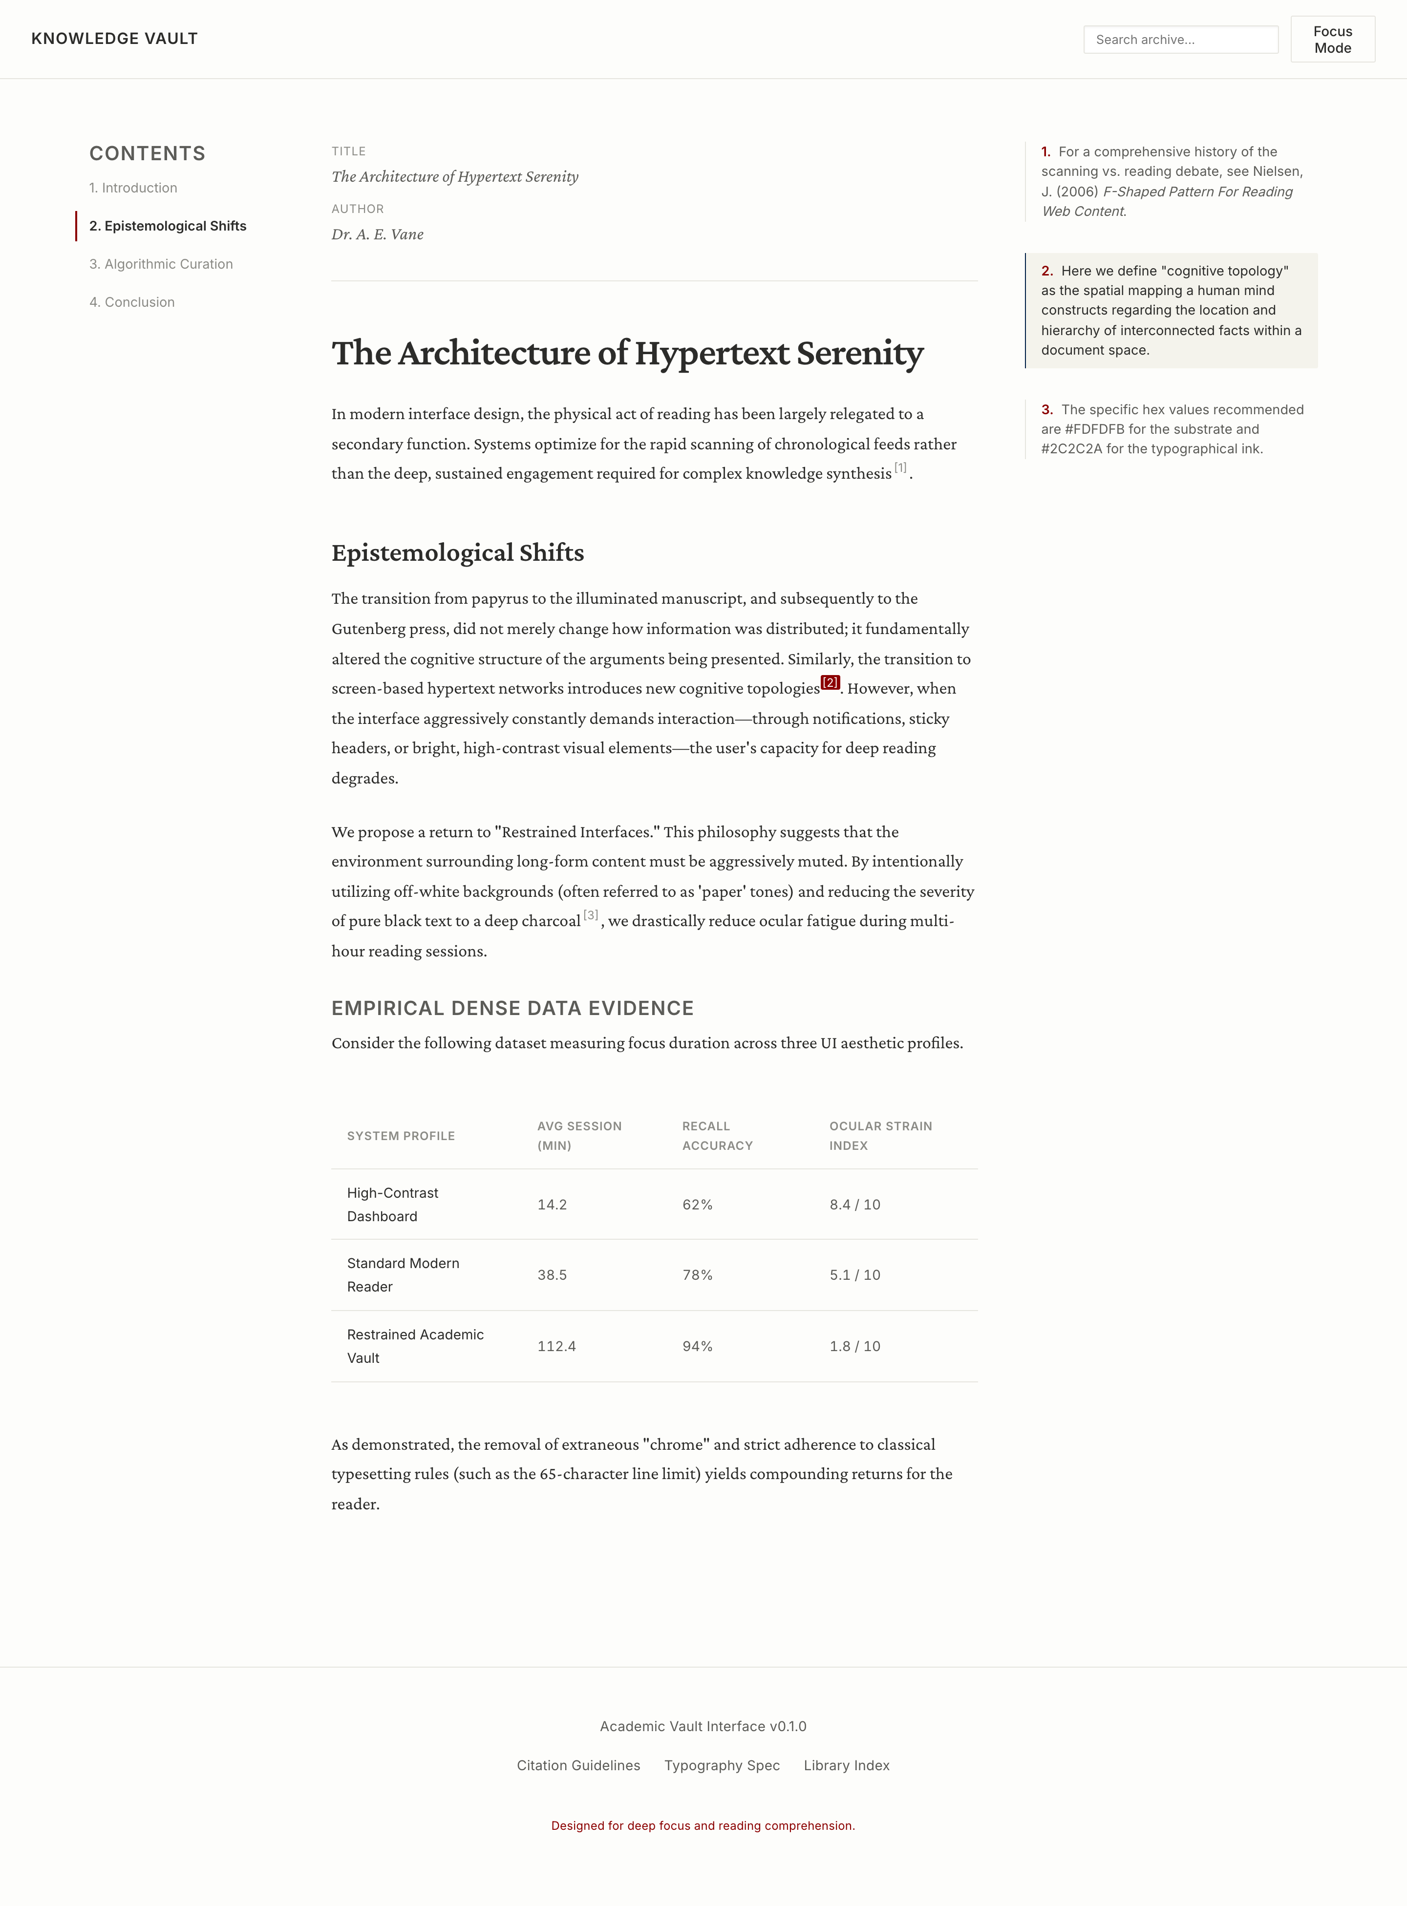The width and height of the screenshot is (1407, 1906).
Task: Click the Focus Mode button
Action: tap(1332, 39)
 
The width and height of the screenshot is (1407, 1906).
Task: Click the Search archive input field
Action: tap(1180, 39)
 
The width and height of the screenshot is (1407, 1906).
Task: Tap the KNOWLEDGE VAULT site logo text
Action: tap(114, 38)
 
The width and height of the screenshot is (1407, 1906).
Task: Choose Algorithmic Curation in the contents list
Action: tap(161, 264)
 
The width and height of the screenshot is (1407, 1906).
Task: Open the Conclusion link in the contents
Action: tap(132, 302)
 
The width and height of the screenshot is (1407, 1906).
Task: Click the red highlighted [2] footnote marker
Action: tap(831, 682)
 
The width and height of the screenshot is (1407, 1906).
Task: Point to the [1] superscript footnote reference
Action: tap(900, 467)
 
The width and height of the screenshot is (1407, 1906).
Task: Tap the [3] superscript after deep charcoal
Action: tap(590, 915)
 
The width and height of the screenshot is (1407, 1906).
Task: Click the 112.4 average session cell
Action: tap(556, 1347)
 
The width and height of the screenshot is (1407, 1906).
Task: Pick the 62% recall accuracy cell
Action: tap(697, 1204)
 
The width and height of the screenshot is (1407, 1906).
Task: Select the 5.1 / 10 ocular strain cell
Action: tap(854, 1275)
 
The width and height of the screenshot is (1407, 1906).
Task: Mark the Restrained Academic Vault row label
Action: tap(415, 1346)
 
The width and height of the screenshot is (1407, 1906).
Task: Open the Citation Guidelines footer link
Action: tap(578, 1765)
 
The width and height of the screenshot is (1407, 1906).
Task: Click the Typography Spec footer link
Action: tap(722, 1765)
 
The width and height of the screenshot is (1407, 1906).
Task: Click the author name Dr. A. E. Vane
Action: tap(377, 234)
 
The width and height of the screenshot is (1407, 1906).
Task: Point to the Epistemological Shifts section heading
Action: tap(457, 553)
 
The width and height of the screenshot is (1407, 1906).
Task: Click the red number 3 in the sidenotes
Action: tap(1047, 410)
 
